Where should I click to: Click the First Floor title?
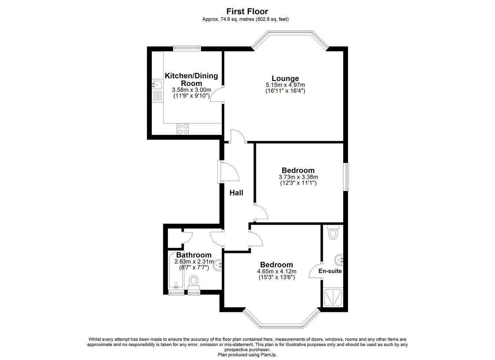[x=247, y=11]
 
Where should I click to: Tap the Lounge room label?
[x=285, y=78]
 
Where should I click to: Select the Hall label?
[x=236, y=193]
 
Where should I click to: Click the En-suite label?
[x=330, y=271]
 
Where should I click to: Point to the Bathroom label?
[x=194, y=255]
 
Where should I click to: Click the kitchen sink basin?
[x=157, y=84]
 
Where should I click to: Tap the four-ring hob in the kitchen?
[x=183, y=129]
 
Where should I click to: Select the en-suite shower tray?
[x=333, y=297]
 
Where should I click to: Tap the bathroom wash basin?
[x=218, y=265]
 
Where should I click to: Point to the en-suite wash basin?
[x=339, y=260]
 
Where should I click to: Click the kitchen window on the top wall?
[x=187, y=48]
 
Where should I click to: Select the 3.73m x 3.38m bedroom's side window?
[x=346, y=177]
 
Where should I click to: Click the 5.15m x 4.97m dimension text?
[x=285, y=85]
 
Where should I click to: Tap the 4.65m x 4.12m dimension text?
[x=277, y=271]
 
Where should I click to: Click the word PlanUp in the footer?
[x=269, y=355]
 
